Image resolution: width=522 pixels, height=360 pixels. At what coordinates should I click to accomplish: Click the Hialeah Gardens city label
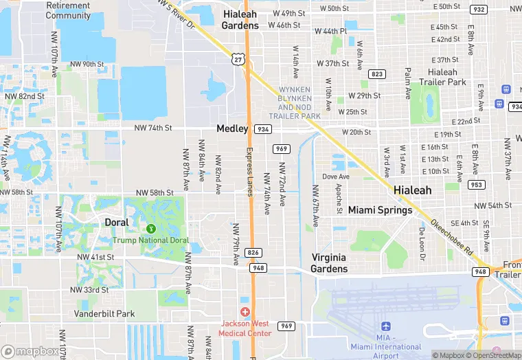pos(240,19)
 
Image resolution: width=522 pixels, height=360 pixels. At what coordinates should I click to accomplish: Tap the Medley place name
pos(232,128)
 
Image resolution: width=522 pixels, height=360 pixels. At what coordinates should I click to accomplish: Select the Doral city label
pos(116,222)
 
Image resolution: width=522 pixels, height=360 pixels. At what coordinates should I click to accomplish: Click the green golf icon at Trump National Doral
pos(150,227)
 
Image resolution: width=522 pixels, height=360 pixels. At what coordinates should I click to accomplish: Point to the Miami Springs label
pos(380,210)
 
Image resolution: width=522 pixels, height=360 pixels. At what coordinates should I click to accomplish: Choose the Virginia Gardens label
pos(329,262)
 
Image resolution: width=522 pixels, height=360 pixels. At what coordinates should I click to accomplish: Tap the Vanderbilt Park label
pos(105,313)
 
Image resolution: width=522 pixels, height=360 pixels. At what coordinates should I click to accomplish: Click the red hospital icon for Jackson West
pos(245,312)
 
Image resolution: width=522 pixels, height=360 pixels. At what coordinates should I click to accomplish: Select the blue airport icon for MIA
pos(385,326)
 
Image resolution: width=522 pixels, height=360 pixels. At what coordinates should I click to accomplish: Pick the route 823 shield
pos(376,74)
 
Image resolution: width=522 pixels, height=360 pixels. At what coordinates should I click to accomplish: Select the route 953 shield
pos(475,184)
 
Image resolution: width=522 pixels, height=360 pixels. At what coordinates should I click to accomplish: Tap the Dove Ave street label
pos(336,177)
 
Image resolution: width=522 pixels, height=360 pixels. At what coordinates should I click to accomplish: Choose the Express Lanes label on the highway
pos(250,172)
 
